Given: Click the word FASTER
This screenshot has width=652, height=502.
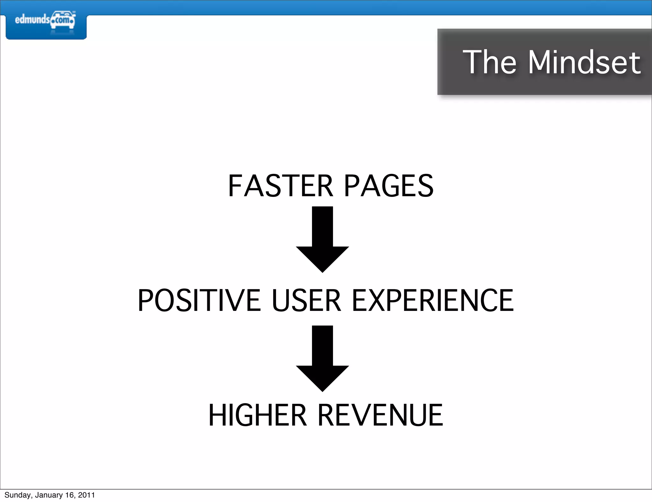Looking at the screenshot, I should point(280,186).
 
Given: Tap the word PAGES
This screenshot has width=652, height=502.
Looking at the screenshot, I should point(389,186).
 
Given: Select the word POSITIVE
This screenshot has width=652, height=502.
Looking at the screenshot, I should point(199,300).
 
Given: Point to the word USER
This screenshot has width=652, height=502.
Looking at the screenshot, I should point(306,300).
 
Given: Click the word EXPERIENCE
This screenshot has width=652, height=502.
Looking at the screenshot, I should point(433,300).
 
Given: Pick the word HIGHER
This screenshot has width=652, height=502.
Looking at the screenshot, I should point(257,415).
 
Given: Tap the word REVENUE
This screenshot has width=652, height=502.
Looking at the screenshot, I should point(380,415).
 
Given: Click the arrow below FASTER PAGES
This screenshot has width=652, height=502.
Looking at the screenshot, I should point(322,239).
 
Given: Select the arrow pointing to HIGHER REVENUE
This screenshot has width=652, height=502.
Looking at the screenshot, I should point(322,358).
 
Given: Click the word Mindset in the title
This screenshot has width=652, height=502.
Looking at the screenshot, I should point(584,62).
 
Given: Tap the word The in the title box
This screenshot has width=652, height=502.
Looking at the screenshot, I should point(489,62).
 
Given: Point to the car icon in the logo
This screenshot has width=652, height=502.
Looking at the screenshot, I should point(63,20).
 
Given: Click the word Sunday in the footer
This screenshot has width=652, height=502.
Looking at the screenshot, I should point(18,495).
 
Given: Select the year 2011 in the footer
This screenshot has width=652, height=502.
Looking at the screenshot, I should point(86,495).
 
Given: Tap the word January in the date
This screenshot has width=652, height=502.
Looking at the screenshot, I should point(49,495).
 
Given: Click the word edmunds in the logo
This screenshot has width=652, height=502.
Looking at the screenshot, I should point(32,20).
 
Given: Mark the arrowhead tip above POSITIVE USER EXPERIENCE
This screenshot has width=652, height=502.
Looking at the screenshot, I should point(322,272).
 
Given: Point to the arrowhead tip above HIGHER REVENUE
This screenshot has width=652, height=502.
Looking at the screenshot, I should point(322,391).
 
